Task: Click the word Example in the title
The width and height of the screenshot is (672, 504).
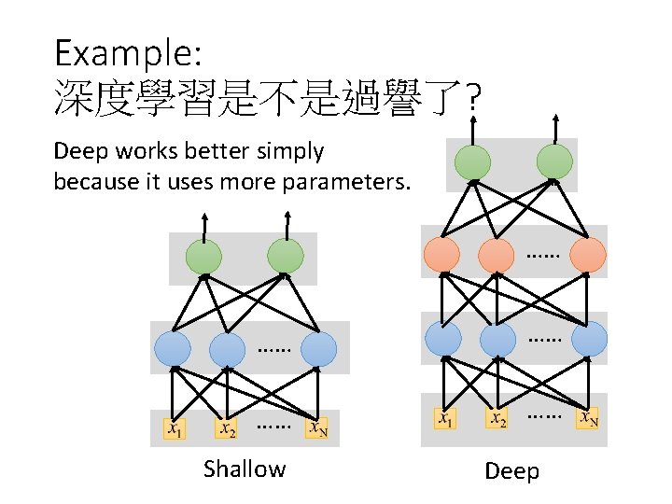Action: [122, 52]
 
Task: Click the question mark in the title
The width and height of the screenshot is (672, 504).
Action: [473, 97]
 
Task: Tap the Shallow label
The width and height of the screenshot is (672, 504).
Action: [245, 469]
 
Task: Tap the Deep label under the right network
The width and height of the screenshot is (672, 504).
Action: [511, 471]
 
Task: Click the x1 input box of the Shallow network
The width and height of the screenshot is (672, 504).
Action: [175, 428]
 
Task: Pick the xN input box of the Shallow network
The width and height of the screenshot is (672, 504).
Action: [319, 428]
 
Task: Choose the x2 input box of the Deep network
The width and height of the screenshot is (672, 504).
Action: [498, 418]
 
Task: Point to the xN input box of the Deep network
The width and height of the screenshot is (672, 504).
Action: [589, 418]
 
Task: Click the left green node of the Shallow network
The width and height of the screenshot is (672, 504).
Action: [203, 257]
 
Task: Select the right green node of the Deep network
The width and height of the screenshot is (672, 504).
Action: [555, 162]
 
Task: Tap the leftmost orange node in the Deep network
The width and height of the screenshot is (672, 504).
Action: [441, 254]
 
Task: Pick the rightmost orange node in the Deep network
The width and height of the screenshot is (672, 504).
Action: [588, 254]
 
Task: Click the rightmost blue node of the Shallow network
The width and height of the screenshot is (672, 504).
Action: [319, 349]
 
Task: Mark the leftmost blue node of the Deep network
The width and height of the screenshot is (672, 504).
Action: [442, 339]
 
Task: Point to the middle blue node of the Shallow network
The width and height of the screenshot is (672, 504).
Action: [227, 349]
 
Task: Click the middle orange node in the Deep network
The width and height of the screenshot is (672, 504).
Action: [497, 254]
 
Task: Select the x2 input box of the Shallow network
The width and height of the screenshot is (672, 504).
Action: [226, 428]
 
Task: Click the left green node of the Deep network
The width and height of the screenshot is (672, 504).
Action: [472, 162]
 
